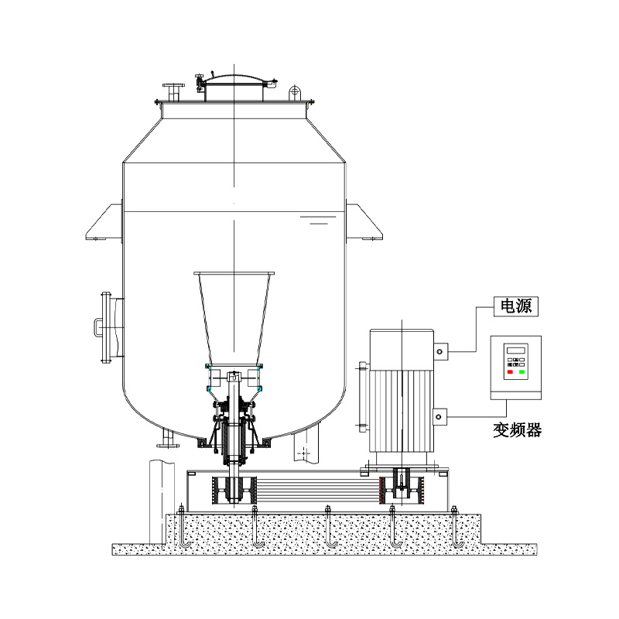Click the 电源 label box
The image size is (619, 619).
click(x=515, y=306)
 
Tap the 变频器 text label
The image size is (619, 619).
click(x=517, y=430)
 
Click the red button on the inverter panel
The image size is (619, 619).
click(x=510, y=372)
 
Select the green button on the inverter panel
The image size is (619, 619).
click(x=522, y=372)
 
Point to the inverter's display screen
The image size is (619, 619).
click(x=516, y=351)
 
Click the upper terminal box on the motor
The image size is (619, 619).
click(x=439, y=351)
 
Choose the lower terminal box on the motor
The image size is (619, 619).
click(x=439, y=416)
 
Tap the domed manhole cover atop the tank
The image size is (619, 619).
click(x=234, y=87)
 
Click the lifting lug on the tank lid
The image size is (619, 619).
click(x=295, y=94)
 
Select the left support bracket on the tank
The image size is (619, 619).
click(x=104, y=223)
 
